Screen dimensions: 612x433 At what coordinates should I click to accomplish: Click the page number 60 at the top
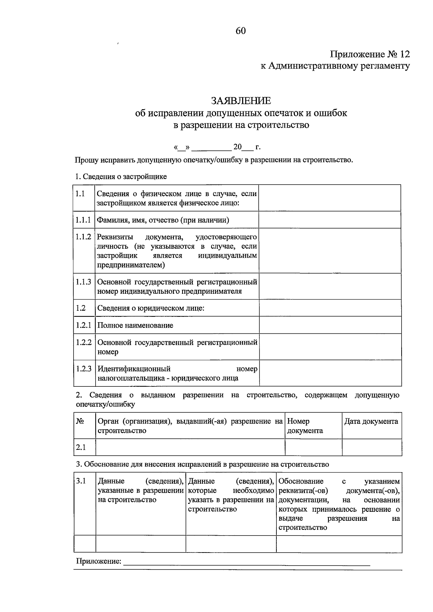pos(241,31)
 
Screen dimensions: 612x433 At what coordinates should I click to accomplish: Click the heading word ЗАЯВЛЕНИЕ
pos(241,101)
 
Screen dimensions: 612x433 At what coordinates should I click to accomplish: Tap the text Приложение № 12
pos(370,54)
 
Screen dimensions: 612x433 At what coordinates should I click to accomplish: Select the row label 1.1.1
pos(83,220)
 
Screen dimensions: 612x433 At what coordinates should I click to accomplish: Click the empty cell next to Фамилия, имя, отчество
pos(330,220)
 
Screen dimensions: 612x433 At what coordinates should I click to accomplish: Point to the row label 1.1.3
pos(83,282)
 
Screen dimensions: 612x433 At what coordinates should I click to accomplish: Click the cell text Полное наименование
pos(135,325)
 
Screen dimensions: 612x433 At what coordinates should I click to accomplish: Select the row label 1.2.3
pos(84,369)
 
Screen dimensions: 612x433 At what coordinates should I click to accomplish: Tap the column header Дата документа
pos(371,421)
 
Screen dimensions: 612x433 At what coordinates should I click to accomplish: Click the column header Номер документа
pos(305,426)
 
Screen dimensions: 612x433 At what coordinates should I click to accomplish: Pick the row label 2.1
pos(81,448)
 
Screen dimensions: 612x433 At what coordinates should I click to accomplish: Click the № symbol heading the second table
pos(80,421)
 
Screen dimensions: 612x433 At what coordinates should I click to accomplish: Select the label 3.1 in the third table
pos(81,481)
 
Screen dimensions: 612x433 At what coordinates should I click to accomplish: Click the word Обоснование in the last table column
pos(301,482)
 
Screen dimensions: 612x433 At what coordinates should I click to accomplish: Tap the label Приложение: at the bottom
pos(99,561)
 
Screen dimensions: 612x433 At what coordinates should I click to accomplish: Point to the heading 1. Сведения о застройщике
pos(121,177)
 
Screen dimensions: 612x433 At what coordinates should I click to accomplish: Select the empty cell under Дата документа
pos(372,448)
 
